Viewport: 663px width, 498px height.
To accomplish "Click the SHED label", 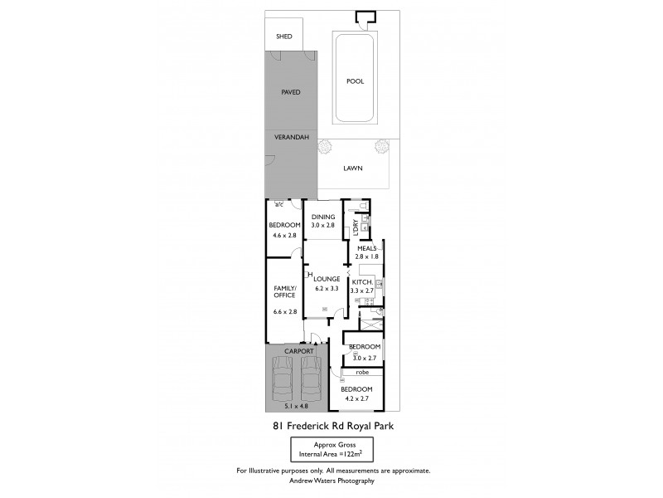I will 283,37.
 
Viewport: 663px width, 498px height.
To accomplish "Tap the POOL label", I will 355,81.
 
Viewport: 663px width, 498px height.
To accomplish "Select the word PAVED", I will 290,92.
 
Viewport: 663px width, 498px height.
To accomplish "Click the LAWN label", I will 354,167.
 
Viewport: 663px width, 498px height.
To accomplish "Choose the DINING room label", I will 323,217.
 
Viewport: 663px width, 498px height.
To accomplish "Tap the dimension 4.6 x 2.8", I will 283,235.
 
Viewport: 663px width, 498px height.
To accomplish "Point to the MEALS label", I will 367,248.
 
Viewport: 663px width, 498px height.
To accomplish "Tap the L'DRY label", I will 356,225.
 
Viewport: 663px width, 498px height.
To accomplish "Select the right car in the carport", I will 312,382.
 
